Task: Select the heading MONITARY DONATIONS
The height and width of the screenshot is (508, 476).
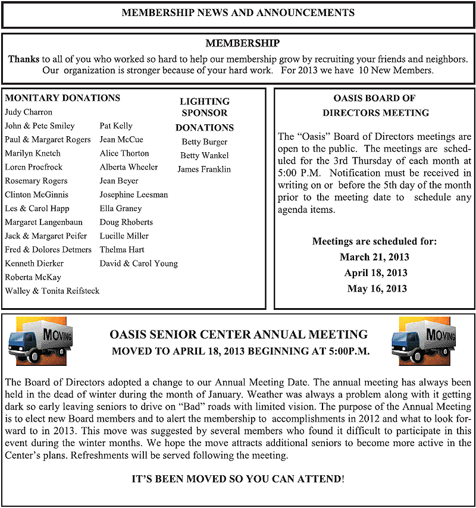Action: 62,98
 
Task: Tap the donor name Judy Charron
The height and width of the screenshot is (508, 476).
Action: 29,112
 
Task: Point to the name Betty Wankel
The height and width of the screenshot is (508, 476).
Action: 205,156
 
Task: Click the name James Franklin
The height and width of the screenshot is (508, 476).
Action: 204,170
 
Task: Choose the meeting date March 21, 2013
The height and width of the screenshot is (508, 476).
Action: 375,258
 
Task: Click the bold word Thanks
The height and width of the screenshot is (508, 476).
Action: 24,59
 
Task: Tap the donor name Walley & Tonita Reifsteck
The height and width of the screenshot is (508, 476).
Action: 52,291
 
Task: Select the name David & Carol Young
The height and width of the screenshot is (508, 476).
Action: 139,264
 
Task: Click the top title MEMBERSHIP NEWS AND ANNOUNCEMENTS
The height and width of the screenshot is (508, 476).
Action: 238,13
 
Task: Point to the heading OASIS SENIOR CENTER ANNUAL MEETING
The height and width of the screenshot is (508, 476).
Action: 239,335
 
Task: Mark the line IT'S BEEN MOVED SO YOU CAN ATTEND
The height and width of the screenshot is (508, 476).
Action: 237,478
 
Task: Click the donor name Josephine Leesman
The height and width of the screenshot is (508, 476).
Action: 134,195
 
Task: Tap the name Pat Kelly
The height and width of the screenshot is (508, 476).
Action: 116,126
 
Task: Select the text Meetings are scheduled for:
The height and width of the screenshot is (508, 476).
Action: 375,242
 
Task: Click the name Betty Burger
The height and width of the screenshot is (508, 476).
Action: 205,142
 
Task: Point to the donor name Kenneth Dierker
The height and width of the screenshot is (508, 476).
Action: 34,264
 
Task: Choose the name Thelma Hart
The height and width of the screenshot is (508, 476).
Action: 122,250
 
